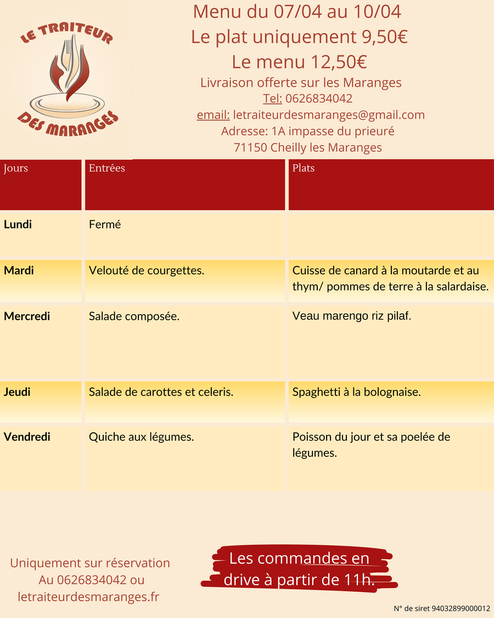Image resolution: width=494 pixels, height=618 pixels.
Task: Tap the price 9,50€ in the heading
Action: [x=384, y=37]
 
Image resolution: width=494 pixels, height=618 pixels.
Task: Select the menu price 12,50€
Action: [x=339, y=61]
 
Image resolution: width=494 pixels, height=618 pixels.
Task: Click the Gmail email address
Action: [x=329, y=115]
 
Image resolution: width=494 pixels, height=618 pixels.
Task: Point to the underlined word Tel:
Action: [x=272, y=98]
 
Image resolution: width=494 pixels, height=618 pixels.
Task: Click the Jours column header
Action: [x=16, y=168]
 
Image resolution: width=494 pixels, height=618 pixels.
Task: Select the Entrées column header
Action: [x=107, y=168]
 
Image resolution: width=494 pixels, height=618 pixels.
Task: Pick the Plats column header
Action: [x=304, y=168]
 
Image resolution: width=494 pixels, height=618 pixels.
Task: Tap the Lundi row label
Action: [x=18, y=224]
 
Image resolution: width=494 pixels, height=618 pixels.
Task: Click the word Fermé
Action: [x=104, y=224]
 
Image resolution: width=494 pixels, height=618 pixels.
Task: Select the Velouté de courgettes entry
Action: [x=147, y=270]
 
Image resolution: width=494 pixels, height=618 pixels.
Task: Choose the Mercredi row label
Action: [x=27, y=316]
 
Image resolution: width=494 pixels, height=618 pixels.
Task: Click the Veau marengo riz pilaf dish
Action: [x=352, y=316]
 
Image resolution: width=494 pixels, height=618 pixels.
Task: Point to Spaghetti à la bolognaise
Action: [x=357, y=392]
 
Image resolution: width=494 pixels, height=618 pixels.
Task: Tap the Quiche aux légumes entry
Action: [x=142, y=437]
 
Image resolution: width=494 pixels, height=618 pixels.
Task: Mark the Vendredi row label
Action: [x=27, y=437]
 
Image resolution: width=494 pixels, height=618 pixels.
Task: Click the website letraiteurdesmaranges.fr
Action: [x=88, y=596]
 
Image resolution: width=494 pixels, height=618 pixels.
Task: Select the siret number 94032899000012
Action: [x=461, y=609]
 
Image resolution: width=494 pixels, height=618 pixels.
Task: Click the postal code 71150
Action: [x=250, y=147]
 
